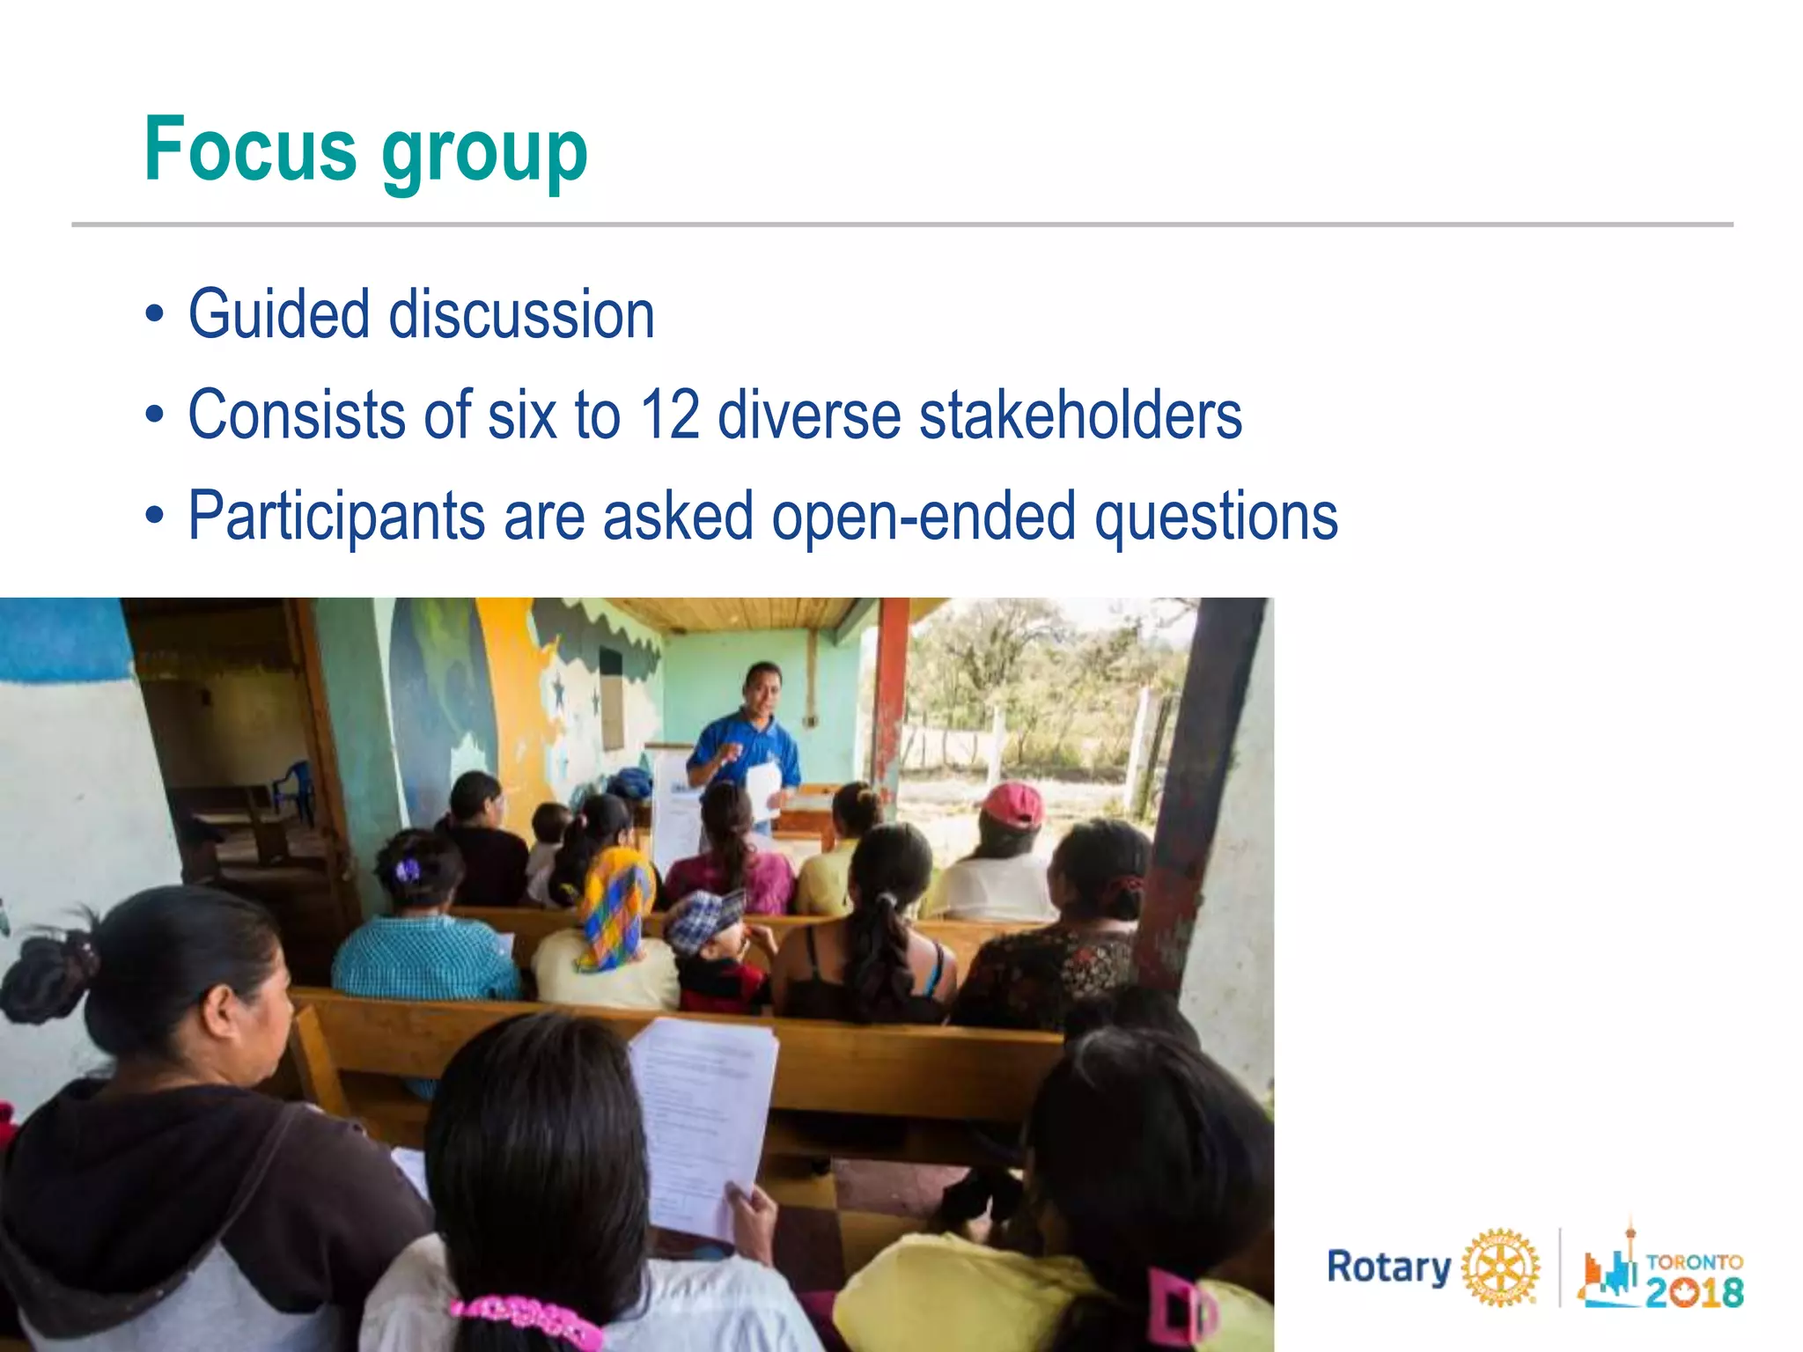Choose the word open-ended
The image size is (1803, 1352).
(924, 516)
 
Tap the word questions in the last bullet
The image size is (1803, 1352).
(1216, 516)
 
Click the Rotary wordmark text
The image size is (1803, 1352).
(1388, 1267)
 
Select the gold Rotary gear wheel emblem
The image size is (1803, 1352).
(1500, 1267)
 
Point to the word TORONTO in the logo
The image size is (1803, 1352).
(1694, 1261)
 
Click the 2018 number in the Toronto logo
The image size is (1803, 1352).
(1694, 1292)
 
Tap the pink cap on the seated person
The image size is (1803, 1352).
(1014, 805)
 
